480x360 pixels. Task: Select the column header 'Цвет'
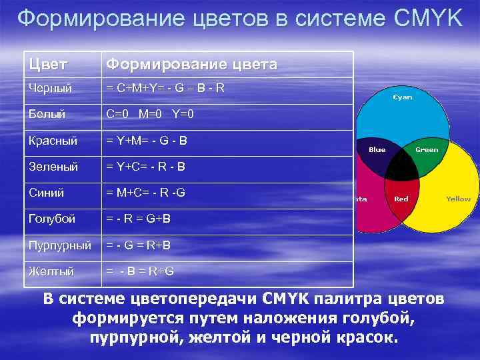click(x=43, y=65)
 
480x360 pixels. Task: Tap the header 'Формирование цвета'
click(x=191, y=65)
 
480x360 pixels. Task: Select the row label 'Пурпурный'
click(x=59, y=245)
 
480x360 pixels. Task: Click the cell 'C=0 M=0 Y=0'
click(x=150, y=114)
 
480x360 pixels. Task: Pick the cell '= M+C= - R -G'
click(x=145, y=193)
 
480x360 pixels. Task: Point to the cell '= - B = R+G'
click(x=141, y=271)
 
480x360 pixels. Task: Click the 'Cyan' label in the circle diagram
click(x=402, y=97)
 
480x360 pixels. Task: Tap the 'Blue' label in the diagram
click(x=377, y=149)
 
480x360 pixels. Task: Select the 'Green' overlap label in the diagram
click(x=427, y=149)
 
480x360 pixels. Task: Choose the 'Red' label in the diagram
click(x=401, y=199)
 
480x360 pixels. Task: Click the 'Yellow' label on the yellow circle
click(x=458, y=199)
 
